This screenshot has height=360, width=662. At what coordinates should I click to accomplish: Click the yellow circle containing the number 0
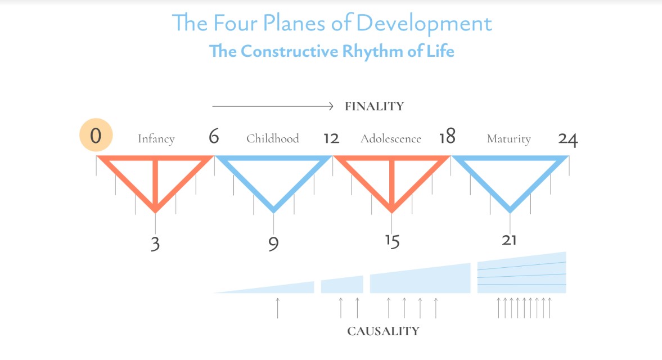click(x=96, y=137)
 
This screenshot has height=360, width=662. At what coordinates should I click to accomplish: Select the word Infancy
click(x=156, y=139)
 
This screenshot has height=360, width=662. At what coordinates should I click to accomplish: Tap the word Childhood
click(x=272, y=139)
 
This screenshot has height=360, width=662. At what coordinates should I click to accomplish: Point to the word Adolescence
click(x=390, y=139)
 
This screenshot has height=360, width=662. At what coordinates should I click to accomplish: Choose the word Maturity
click(x=508, y=139)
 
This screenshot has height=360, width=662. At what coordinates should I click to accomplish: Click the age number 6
click(x=214, y=137)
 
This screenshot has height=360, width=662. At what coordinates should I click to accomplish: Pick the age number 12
click(x=331, y=138)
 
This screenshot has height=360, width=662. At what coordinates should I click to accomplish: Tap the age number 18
click(x=447, y=137)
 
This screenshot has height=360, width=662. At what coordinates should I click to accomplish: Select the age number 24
click(x=568, y=139)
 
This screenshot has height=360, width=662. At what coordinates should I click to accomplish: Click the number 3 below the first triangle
click(x=155, y=244)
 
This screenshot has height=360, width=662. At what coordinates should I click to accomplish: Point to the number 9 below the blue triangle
click(x=273, y=244)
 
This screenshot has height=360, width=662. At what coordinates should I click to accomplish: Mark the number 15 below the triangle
click(x=392, y=241)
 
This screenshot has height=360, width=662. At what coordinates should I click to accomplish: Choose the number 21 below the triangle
click(x=509, y=240)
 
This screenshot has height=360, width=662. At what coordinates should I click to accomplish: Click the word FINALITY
click(x=374, y=106)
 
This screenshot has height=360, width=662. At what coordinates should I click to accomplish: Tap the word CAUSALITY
click(x=383, y=331)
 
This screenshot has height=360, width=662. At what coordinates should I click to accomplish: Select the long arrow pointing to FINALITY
click(x=273, y=105)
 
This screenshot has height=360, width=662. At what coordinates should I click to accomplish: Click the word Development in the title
click(x=424, y=24)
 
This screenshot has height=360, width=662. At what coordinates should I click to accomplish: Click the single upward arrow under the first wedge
click(x=277, y=308)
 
